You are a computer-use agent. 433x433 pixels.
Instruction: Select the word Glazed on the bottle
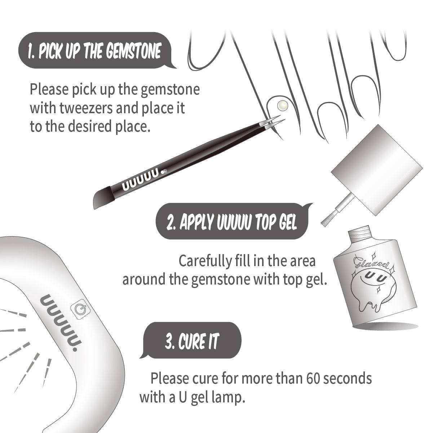(x=371, y=264)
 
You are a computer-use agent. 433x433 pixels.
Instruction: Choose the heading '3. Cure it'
(x=192, y=341)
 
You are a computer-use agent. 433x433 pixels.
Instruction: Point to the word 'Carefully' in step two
(x=204, y=261)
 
